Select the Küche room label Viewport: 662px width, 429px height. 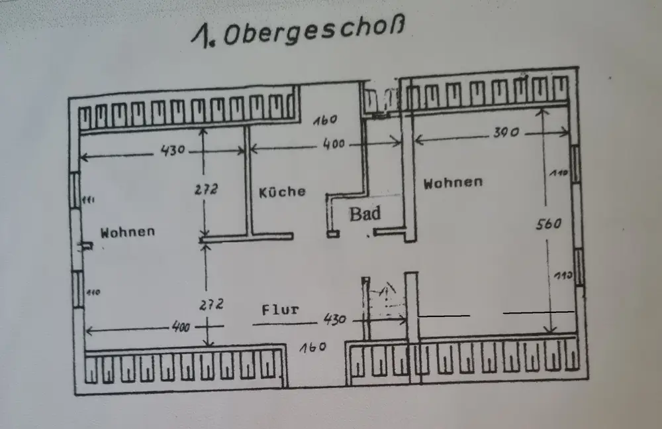[282, 192]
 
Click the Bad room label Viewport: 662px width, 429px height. [365, 214]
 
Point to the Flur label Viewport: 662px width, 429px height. [280, 309]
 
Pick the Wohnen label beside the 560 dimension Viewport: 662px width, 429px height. [453, 182]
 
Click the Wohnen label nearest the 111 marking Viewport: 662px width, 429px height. [128, 231]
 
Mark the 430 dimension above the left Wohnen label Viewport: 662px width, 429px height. [171, 151]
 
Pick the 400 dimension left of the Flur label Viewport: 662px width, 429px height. [179, 327]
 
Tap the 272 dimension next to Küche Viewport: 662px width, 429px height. [207, 188]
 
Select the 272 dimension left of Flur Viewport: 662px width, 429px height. [211, 304]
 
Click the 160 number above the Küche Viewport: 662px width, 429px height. [325, 120]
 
